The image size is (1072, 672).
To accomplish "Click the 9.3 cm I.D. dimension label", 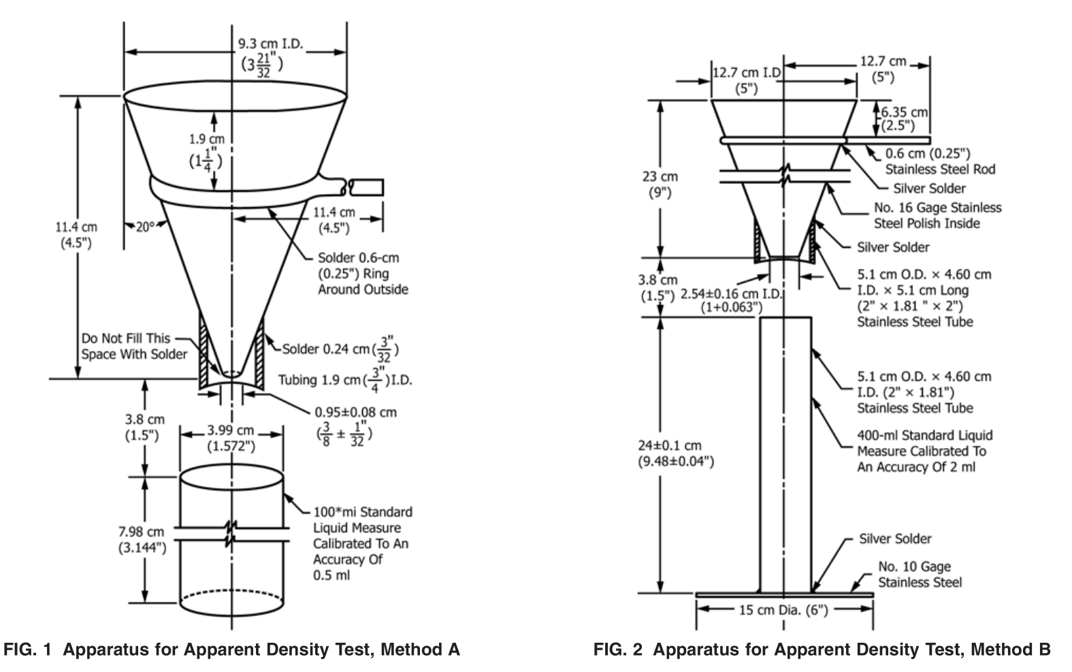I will coord(270,44).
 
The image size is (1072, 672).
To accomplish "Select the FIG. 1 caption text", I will coord(232,650).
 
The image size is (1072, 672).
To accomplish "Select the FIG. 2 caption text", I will coord(822,650).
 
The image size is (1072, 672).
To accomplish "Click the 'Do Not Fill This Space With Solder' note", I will coord(134,347).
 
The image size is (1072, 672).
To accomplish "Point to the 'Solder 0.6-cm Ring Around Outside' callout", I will coord(363,274).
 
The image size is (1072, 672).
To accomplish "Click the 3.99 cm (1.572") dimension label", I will coord(231,438).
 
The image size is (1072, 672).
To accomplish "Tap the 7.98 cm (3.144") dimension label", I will coord(142,539).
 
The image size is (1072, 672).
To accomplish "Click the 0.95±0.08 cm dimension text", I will coord(355,413).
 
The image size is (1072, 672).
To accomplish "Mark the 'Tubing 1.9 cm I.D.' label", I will coord(344,380).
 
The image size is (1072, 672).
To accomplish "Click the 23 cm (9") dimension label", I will coord(660,185).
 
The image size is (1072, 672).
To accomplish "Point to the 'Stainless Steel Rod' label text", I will coord(939,169).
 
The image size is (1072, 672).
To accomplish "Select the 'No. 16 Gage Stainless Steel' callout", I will coord(937,215).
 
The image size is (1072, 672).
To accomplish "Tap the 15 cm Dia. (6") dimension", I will coord(783,610).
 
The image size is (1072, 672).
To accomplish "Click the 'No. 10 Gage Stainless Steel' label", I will coord(920,575).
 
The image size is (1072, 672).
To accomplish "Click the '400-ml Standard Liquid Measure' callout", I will coord(924,451).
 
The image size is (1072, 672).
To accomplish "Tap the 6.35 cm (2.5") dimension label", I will coord(905,118).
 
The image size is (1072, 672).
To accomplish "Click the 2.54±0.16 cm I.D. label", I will coord(731,301).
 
